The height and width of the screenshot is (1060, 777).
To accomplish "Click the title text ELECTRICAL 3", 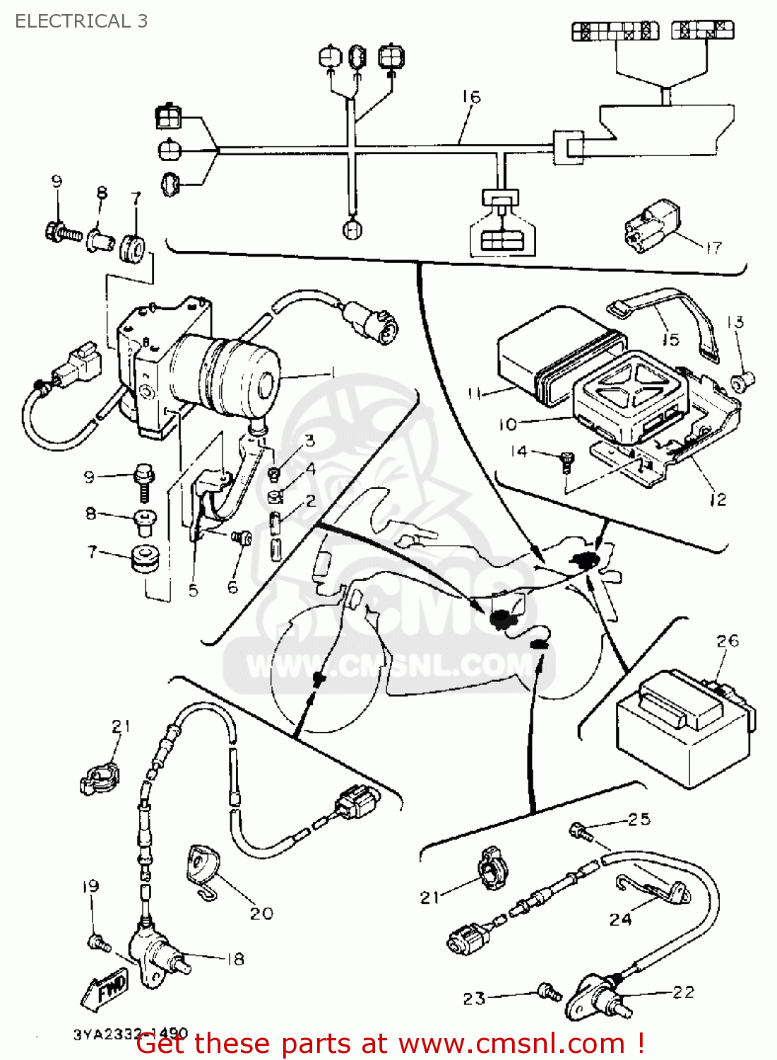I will (x=81, y=21).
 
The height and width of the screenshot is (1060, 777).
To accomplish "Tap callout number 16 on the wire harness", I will (x=472, y=97).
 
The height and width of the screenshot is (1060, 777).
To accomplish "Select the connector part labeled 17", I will (x=652, y=225).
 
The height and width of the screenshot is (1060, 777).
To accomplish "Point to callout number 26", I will (x=728, y=641).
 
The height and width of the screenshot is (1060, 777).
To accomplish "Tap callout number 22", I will (x=683, y=992).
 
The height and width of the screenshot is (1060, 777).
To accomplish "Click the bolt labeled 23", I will (x=549, y=991).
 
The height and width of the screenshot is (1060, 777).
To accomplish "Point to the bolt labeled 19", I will (x=97, y=941).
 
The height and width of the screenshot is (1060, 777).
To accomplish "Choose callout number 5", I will (x=194, y=590).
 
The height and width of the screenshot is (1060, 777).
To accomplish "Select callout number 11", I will (x=475, y=394).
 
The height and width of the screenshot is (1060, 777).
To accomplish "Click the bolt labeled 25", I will (x=579, y=830).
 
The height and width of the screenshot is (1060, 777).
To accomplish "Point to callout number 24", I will (x=620, y=919).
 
